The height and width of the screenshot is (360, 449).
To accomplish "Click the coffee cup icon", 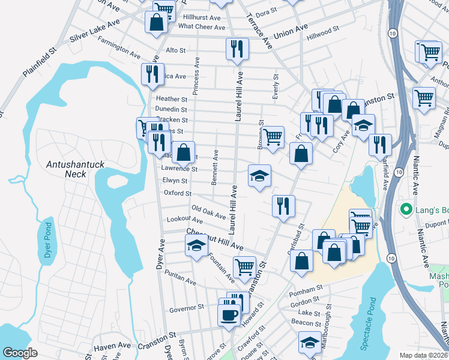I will (228, 314).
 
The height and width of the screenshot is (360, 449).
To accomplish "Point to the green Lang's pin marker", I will (406, 211).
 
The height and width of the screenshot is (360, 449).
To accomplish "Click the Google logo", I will (20, 353).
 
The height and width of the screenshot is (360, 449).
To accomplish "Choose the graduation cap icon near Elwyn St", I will (259, 175).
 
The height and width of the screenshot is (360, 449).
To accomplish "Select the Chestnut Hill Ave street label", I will (214, 239).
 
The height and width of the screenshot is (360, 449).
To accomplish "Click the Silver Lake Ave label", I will (95, 32).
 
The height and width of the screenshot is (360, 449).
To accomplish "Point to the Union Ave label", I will (291, 32).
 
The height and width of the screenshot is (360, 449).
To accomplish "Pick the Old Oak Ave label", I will (208, 212).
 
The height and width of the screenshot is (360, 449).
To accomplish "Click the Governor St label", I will (187, 308).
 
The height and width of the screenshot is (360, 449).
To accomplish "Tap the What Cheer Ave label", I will (202, 26).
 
